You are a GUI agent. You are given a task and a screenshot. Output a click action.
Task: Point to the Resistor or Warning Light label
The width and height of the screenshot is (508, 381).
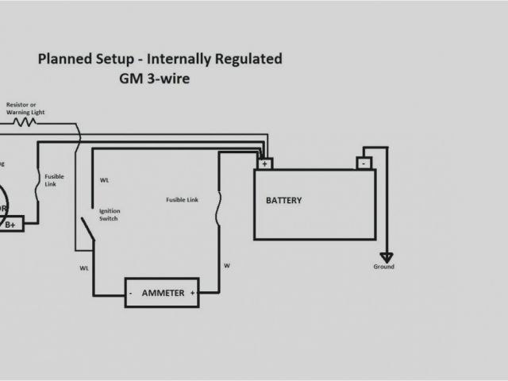click(25, 109)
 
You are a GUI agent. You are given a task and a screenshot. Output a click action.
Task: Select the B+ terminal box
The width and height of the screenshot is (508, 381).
click(12, 225)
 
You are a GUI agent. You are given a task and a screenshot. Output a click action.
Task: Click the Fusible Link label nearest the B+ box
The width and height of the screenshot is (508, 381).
click(55, 179)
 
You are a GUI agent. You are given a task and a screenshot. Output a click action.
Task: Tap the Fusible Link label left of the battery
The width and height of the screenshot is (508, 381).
click(182, 200)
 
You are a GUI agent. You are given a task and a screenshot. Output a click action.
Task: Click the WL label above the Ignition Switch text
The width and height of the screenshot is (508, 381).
click(105, 180)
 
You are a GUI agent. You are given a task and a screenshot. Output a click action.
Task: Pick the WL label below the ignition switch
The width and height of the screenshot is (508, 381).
click(84, 268)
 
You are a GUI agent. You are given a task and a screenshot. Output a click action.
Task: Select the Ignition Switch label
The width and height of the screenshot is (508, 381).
click(109, 215)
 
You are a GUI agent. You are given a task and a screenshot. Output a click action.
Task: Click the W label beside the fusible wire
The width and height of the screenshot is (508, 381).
click(227, 264)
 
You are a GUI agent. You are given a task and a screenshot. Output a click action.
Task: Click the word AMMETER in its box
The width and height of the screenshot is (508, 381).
click(163, 293)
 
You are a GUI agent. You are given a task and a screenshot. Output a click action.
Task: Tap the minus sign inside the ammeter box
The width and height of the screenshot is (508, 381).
click(130, 294)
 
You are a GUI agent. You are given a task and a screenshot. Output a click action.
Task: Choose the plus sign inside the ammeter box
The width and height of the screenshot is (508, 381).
click(192, 293)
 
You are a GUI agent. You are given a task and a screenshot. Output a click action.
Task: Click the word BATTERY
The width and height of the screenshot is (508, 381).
click(283, 201)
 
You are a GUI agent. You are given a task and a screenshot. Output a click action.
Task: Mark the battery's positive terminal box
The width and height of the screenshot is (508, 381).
click(264, 164)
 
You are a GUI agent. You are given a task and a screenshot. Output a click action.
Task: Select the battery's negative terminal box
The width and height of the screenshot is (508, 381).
click(364, 164)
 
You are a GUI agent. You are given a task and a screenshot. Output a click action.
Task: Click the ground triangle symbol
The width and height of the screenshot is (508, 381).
click(385, 256)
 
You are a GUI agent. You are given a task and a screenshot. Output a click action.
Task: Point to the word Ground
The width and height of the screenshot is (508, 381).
click(384, 267)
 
